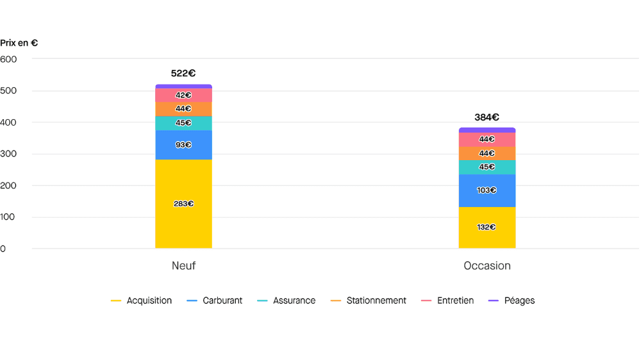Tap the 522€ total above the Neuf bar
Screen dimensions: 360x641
(x=183, y=74)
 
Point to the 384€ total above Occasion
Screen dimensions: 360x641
(x=487, y=117)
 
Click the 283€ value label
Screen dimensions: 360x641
(x=183, y=204)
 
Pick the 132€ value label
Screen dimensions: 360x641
(x=487, y=227)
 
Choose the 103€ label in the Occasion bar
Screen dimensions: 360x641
(x=487, y=190)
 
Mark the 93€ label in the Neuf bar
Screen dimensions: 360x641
(x=183, y=145)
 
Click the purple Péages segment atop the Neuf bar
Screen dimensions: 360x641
(x=183, y=86)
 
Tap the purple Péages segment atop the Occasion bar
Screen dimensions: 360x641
(x=487, y=130)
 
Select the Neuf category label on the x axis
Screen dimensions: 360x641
(x=183, y=266)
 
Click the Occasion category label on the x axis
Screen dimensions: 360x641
(x=487, y=266)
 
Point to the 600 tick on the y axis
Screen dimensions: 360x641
(x=9, y=59)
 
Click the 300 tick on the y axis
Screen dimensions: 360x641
(x=9, y=154)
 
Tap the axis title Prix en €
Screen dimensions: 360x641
(x=19, y=43)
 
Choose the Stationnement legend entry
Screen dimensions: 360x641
(x=376, y=300)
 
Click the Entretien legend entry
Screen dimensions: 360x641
(x=454, y=300)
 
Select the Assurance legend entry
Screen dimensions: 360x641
(x=294, y=300)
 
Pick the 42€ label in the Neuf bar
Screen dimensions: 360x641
(x=183, y=95)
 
